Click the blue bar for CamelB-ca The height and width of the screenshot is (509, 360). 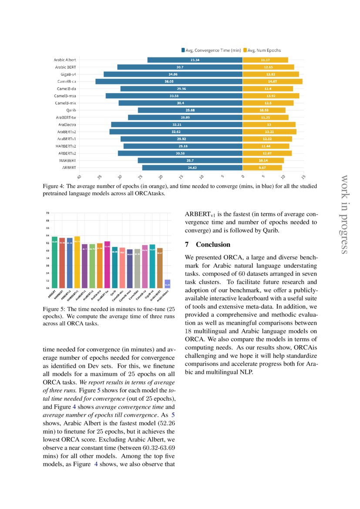(x=169, y=81)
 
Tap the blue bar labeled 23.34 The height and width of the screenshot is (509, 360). (x=195, y=60)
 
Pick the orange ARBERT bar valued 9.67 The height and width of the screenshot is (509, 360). (x=262, y=167)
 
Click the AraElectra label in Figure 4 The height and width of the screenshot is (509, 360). (x=67, y=125)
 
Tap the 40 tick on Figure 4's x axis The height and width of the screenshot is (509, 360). (x=79, y=177)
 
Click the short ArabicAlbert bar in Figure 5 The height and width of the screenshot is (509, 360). (x=168, y=284)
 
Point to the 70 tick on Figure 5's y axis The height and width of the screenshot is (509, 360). (x=47, y=213)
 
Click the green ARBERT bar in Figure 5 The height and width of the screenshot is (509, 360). (x=54, y=262)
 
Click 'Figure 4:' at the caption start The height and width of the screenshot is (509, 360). (x=53, y=186)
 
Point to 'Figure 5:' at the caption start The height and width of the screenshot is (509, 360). (x=53, y=309)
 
